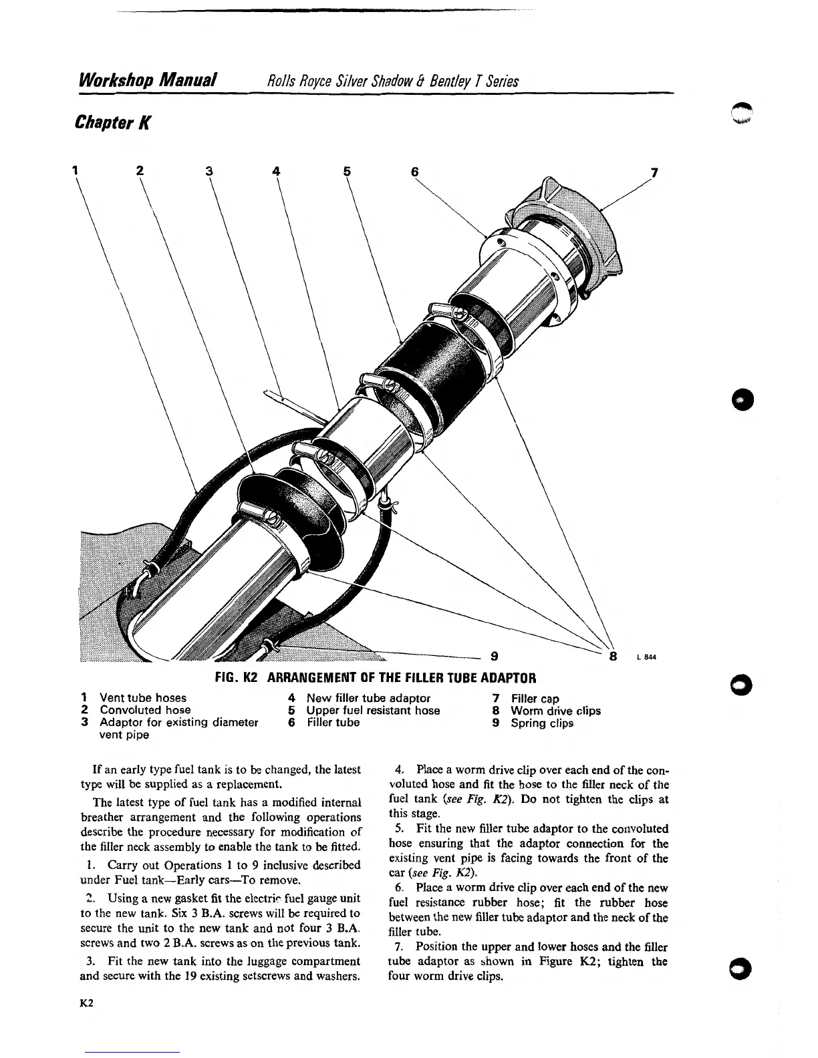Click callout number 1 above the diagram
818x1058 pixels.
77,170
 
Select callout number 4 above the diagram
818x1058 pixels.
276,171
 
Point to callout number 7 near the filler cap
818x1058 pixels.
654,172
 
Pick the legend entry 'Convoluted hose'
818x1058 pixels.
145,710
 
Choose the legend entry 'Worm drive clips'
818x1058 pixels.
555,711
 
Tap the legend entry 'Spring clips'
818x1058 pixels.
542,723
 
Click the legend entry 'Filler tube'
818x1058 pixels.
333,723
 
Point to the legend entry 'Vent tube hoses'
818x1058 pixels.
142,698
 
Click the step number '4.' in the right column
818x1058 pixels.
400,770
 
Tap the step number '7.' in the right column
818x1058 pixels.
400,947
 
